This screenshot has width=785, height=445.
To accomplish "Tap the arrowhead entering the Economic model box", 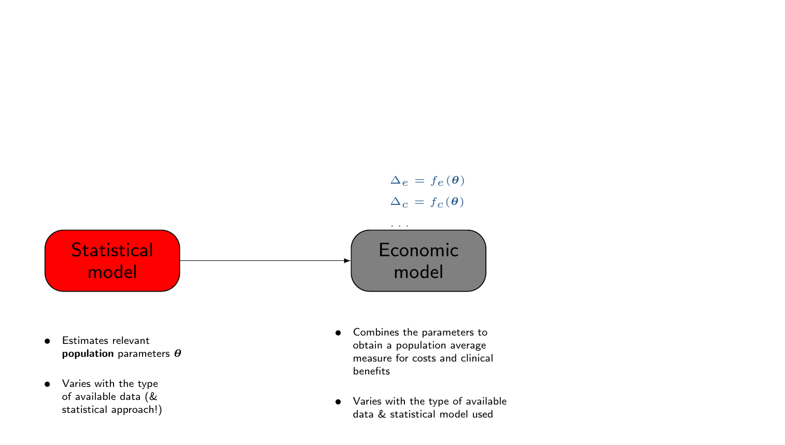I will tap(347, 260).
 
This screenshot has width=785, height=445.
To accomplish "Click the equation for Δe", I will tap(427, 180).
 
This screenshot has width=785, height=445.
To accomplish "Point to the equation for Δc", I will tap(427, 202).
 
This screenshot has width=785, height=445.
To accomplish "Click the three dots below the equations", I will tap(400, 226).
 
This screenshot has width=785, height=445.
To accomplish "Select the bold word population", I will tap(88, 354).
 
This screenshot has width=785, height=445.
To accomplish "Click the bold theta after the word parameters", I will tap(177, 354).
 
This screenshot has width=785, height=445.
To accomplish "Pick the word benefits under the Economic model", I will tap(371, 371).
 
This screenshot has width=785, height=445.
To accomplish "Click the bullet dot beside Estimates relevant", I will tap(47, 341).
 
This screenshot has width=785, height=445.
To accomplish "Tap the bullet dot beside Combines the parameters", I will tap(338, 332).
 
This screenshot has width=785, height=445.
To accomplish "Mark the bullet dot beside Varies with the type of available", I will tap(338, 401).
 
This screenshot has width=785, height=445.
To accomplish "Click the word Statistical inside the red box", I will tap(112, 251).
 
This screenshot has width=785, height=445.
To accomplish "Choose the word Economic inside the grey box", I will tap(418, 251).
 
